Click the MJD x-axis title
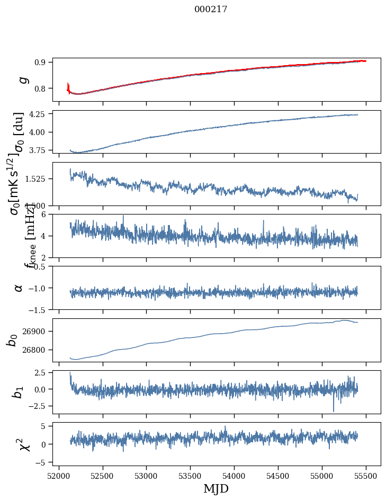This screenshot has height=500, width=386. pyautogui.click(x=216, y=488)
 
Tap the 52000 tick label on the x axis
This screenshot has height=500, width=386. pyautogui.click(x=59, y=476)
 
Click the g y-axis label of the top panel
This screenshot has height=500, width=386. pyautogui.click(x=22, y=79)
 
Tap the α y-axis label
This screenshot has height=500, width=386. pyautogui.click(x=19, y=288)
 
